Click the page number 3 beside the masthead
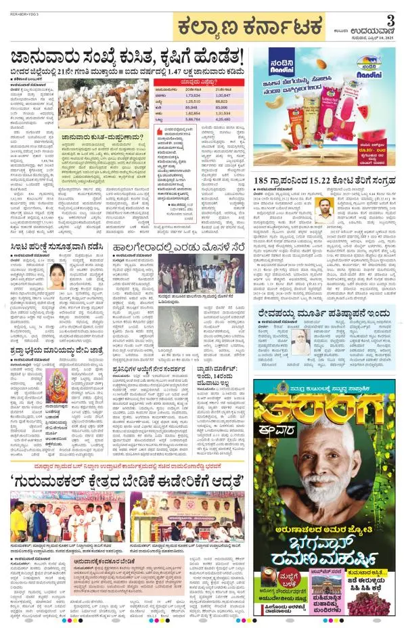point(390,18)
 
